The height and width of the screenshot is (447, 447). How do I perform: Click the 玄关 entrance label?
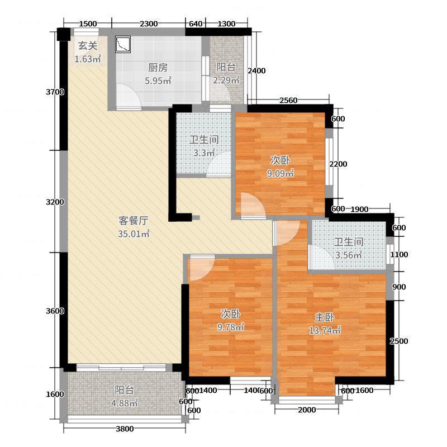pos(88,46)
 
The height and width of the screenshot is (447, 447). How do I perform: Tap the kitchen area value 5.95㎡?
pos(158,80)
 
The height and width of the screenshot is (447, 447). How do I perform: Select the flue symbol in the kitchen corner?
pos(123,45)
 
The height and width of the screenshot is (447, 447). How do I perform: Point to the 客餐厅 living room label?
pos(133,221)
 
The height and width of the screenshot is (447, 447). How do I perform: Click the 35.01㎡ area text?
pos(134,234)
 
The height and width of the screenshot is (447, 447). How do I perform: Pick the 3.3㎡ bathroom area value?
pos(204,153)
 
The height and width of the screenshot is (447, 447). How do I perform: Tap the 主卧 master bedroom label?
pos(325,317)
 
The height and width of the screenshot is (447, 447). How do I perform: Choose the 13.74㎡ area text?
pos(325,330)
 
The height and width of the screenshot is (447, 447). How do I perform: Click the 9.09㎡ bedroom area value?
pos(280,173)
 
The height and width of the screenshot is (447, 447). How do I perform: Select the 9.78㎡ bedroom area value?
pos(231,327)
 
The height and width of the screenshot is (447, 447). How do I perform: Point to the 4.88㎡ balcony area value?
pos(125,403)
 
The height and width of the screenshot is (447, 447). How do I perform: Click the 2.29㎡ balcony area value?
pos(226,80)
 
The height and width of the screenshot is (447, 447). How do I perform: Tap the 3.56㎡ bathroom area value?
pos(348,255)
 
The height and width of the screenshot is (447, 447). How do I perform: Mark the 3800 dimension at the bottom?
pos(125,429)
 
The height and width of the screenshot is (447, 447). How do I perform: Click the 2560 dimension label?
pos(288,100)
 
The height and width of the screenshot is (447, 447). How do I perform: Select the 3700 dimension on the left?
pos(55,92)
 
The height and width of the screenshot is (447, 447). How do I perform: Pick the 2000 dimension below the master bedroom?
pos(307,410)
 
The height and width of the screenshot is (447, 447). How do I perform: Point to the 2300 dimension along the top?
pos(149,23)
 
